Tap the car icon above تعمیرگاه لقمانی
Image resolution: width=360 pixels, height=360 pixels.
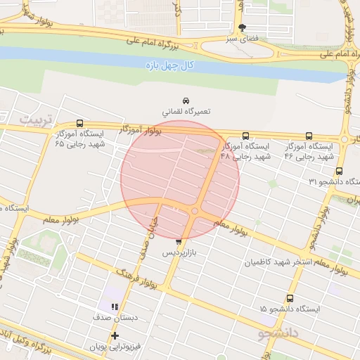pyautogui.click(x=186, y=101)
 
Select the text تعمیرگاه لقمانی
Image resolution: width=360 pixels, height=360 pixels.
pyautogui.click(x=186, y=111)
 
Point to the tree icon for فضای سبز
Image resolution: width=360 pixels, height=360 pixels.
pyautogui.click(x=243, y=28)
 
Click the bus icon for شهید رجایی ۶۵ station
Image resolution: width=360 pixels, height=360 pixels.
pyautogui.click(x=79, y=122)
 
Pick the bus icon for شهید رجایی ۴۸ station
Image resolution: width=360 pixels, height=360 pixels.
pyautogui.click(x=245, y=136)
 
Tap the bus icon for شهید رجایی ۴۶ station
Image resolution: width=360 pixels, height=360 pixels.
pyautogui.click(x=309, y=136)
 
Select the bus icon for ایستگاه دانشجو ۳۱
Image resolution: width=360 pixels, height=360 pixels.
pyautogui.click(x=340, y=170)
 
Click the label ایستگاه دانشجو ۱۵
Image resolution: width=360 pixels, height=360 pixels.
pyautogui.click(x=289, y=309)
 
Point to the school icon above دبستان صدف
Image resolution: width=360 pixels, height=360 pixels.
pyautogui.click(x=114, y=306)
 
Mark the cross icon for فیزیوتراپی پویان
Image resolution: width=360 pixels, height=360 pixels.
pyautogui.click(x=115, y=336)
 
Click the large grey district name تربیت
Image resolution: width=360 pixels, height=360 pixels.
pyautogui.click(x=35, y=119)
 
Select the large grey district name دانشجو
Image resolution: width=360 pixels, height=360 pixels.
pyautogui.click(x=278, y=331)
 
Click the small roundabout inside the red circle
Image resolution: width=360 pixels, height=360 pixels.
pyautogui.click(x=195, y=211)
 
